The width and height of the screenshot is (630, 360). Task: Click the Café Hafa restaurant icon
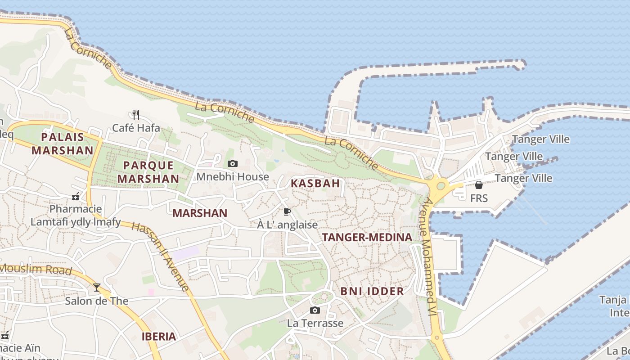tap(136, 114)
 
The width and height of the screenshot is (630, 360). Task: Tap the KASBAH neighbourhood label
tap(315, 184)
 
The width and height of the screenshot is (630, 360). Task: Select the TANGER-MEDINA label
tap(367, 237)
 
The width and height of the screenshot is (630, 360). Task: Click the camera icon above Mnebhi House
tap(232, 163)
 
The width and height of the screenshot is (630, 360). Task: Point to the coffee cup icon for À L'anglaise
tap(287, 211)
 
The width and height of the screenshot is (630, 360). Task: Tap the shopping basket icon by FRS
tap(479, 185)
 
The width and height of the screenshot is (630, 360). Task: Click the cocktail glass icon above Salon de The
tap(97, 287)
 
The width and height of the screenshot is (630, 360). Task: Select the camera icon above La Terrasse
tap(315, 310)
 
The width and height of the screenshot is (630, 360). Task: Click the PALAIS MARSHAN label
tap(62, 144)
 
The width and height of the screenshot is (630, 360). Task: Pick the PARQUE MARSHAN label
tap(148, 172)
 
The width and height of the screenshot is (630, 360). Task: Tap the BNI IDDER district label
tap(372, 291)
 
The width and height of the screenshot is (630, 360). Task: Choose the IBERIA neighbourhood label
tap(159, 337)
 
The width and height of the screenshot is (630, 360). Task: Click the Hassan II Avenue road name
tap(161, 256)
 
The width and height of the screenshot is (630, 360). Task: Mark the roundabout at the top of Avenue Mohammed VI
tap(441, 185)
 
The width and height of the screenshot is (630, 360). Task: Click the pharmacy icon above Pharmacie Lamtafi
tap(76, 196)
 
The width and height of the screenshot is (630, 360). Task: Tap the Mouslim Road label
tap(36, 270)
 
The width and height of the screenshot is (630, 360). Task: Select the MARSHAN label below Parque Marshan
tap(200, 213)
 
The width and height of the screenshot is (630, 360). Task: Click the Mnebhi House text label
tap(232, 177)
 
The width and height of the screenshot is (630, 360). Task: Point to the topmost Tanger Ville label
tap(540, 139)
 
